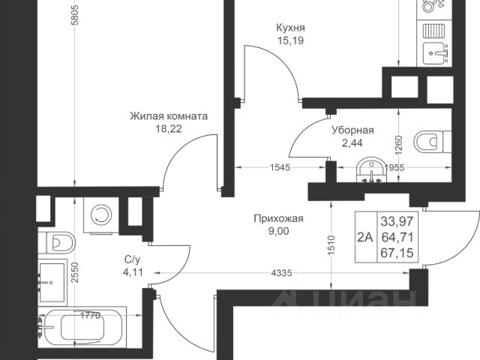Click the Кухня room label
[290, 28]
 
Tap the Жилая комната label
[169, 116]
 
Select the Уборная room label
[353, 130]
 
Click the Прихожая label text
[278, 218]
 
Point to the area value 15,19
[290, 40]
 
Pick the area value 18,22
[169, 129]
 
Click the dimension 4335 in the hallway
[281, 273]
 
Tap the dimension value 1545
[280, 167]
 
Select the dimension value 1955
[394, 167]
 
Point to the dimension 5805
[75, 14]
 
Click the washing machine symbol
[100, 215]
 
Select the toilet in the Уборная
[433, 142]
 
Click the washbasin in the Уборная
[371, 171]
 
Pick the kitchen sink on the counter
[436, 53]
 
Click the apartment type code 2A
[366, 237]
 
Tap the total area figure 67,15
[397, 253]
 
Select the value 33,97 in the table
[397, 220]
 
